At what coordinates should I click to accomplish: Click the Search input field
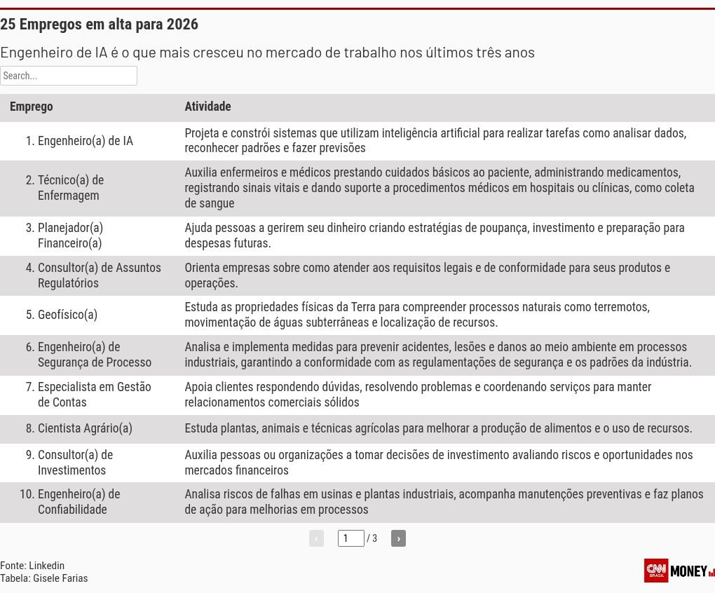point(69,76)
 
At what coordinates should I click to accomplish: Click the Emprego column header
point(32,107)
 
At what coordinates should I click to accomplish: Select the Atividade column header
point(207,107)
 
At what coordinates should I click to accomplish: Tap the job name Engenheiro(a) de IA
point(85,141)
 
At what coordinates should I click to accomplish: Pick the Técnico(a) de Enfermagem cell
point(71,188)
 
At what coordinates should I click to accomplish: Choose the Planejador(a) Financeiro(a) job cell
point(70,236)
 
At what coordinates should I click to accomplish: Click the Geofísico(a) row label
point(67,315)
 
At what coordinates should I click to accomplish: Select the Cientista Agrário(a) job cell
point(85,428)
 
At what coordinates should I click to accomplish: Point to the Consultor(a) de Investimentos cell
point(75,463)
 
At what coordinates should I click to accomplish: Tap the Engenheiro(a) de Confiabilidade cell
point(79,502)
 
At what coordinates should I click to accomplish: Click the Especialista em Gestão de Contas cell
point(94,395)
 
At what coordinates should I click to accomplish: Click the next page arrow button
point(398,538)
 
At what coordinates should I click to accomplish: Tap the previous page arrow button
point(316,538)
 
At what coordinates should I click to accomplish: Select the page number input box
point(350,538)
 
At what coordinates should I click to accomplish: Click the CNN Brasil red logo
point(656,570)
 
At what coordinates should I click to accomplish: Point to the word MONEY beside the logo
point(688,571)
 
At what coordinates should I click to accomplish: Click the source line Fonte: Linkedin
point(32,566)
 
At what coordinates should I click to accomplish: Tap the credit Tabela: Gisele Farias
point(44,578)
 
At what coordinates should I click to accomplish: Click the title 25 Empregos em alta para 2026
point(100,25)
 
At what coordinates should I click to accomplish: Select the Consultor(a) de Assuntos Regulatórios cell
point(99,275)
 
